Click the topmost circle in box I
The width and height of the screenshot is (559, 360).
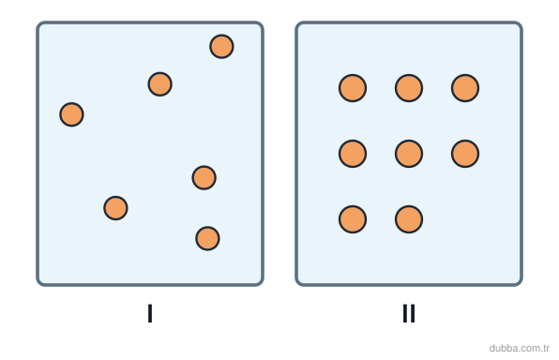pos(221,46)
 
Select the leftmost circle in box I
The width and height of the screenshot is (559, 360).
pos(71,114)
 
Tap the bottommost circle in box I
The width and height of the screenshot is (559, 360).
pos(207,238)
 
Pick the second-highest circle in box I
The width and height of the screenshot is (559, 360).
pos(160,84)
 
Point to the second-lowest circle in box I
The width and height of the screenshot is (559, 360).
pos(115,208)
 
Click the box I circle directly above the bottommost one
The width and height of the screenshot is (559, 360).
pos(204,177)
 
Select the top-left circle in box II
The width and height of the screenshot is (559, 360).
pos(353,88)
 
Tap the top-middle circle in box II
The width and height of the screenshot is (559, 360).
pos(409,88)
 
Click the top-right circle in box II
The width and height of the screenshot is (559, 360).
pos(465,88)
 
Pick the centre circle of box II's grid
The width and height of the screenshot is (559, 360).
pos(409,154)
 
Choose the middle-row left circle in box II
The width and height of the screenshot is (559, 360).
pos(353,154)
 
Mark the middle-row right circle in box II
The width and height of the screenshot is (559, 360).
pos(465,154)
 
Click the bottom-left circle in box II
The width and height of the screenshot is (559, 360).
pos(353,219)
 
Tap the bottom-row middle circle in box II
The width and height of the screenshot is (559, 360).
pos(409,219)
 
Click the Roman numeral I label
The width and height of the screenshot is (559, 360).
pos(150,313)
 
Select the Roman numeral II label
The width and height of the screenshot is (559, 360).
pos(409,313)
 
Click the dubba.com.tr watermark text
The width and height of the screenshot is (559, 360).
pos(519,348)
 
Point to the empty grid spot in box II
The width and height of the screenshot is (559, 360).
pos(465,219)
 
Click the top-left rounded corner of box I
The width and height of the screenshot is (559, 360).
pos(38,24)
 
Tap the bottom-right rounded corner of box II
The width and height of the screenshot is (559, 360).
pos(521,283)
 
